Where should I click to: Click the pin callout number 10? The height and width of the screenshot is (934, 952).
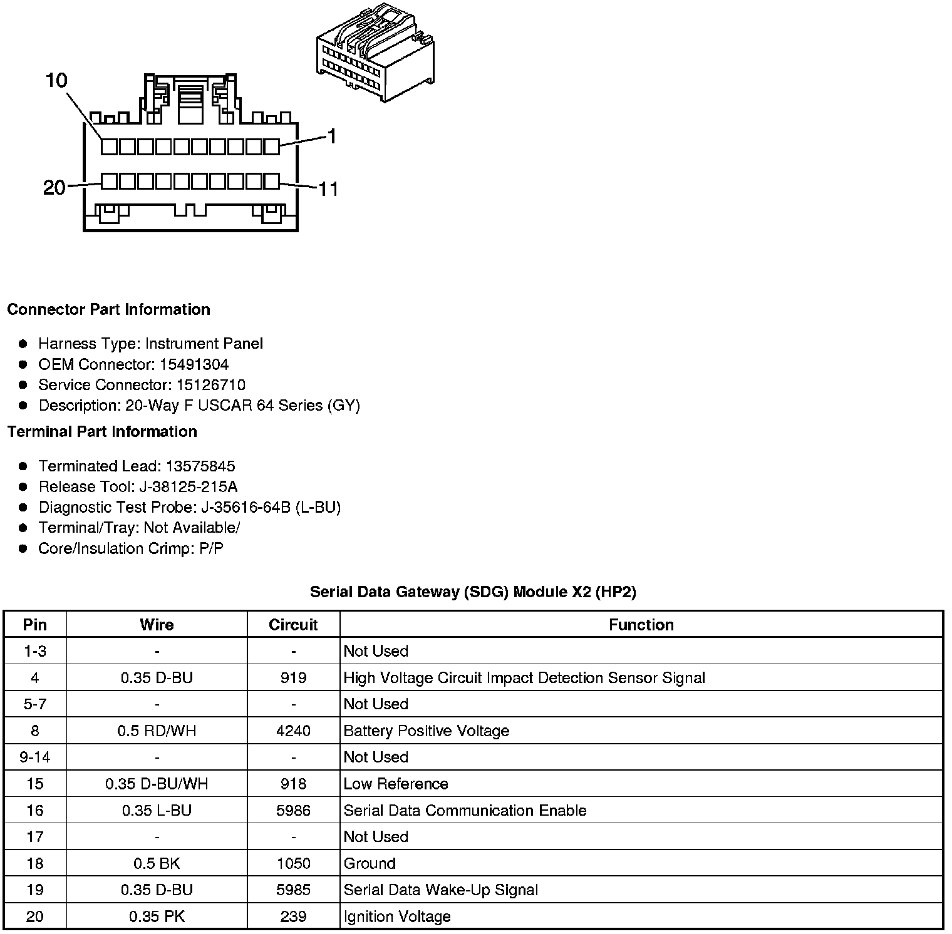[56, 81]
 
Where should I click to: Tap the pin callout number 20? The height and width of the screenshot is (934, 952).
[54, 187]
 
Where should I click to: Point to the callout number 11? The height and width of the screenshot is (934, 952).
[328, 188]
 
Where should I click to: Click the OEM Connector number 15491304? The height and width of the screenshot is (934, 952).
[194, 364]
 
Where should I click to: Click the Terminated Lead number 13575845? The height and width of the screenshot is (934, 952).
[200, 466]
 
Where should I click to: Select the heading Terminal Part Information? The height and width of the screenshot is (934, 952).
[102, 432]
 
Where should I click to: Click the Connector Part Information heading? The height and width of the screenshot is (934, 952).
[108, 310]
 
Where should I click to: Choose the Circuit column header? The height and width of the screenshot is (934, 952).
[293, 625]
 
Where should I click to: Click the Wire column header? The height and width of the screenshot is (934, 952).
[157, 625]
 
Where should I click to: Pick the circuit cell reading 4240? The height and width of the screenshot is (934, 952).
[293, 731]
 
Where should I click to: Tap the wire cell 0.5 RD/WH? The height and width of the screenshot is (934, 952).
[157, 731]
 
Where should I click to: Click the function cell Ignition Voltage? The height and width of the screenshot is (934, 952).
[397, 917]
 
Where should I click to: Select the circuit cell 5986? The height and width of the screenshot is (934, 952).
[293, 811]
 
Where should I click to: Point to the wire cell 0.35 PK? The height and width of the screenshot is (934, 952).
[157, 917]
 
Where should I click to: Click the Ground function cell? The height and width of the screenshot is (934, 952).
[370, 864]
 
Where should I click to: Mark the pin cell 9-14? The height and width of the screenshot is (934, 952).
[35, 757]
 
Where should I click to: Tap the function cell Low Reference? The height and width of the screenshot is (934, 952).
[396, 784]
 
